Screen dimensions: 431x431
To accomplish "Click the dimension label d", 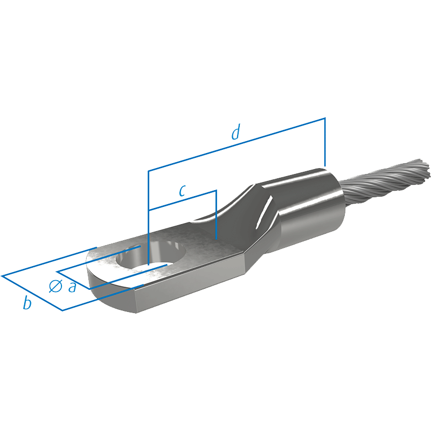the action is click(x=236, y=132).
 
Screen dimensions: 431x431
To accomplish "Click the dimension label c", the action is click(x=182, y=191).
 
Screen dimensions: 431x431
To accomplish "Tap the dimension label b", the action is click(x=27, y=302).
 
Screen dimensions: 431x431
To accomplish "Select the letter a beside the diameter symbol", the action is click(x=72, y=287).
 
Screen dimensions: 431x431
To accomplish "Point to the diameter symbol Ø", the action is click(x=55, y=286).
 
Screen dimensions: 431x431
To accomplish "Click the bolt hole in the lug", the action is click(x=151, y=254).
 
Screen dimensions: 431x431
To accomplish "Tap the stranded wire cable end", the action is click(x=385, y=182).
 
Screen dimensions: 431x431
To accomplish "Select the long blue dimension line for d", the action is click(x=237, y=144).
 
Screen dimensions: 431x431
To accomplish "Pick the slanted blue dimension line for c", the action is click(x=183, y=200).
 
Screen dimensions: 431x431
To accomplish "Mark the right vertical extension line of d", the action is click(x=325, y=142).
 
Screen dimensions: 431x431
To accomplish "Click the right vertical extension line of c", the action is click(x=217, y=214).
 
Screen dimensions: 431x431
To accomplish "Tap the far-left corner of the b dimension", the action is click(x=2, y=276).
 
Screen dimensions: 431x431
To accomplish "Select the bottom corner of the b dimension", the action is click(x=62, y=310).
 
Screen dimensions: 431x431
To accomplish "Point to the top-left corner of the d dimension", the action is click(x=149, y=171).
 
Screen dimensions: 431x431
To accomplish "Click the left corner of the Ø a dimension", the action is click(x=57, y=272).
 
